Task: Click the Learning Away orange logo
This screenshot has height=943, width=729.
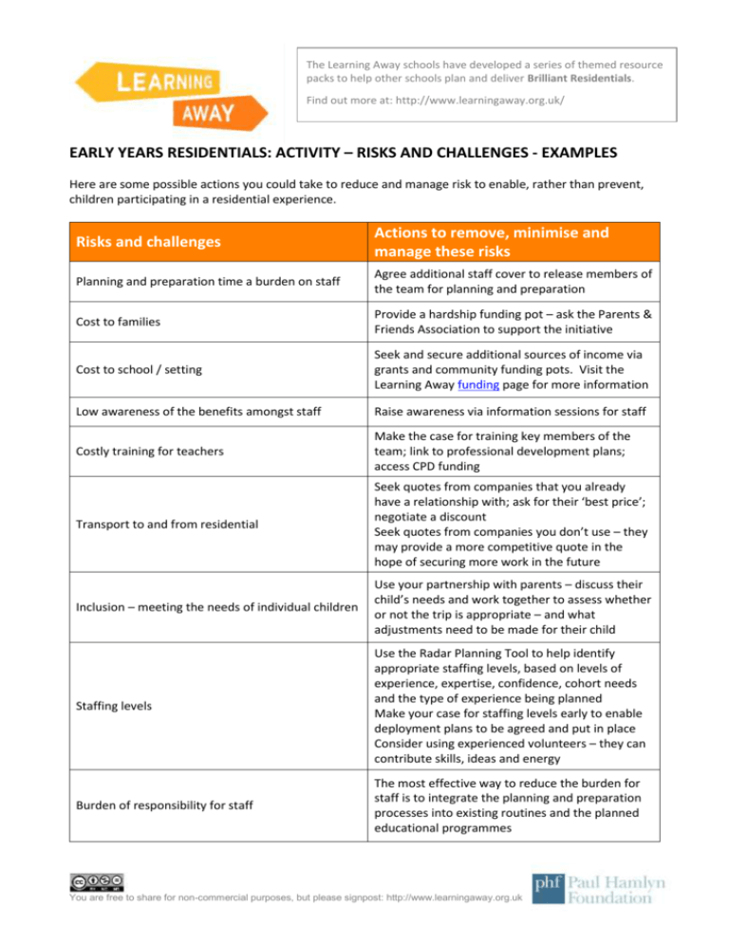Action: [x=159, y=94]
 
